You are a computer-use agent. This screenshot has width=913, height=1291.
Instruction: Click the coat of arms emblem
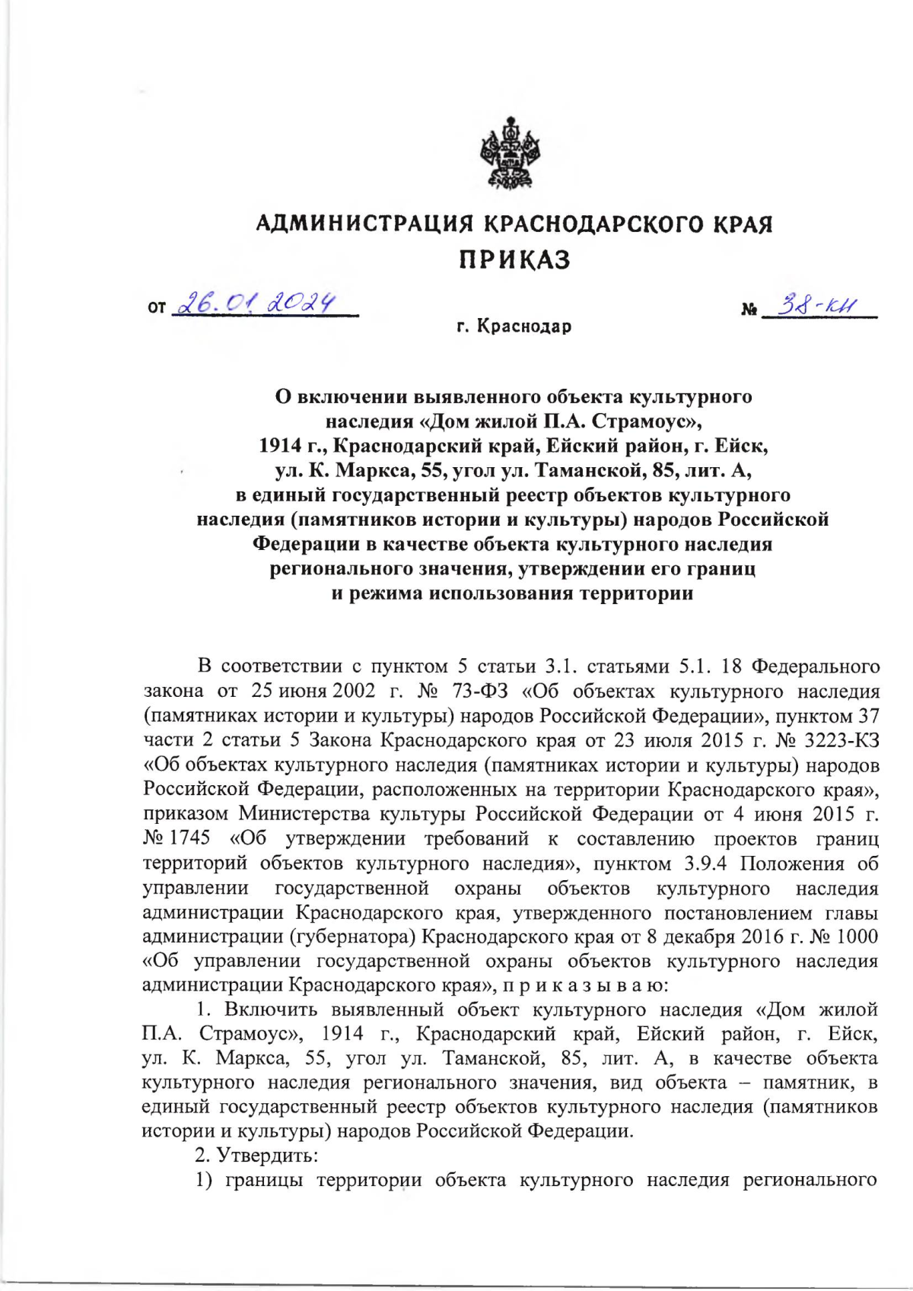click(x=513, y=154)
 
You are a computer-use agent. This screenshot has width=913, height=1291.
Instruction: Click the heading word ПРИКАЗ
click(x=514, y=260)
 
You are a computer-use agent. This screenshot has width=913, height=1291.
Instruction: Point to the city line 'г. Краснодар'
click(x=514, y=327)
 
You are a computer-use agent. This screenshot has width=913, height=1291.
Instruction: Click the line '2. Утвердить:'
click(x=256, y=1155)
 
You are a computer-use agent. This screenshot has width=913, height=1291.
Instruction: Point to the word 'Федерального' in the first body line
click(x=815, y=666)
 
